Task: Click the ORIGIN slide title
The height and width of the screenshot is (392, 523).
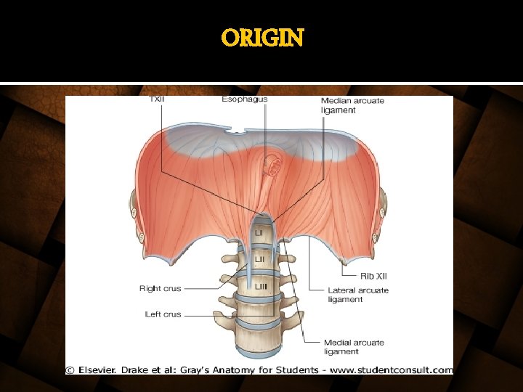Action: point(262,38)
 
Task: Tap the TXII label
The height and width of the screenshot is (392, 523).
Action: point(156,99)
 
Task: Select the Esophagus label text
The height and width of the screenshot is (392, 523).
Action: point(245,99)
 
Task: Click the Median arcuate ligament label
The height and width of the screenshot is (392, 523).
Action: point(352,105)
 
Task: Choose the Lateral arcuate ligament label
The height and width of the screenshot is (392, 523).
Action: point(357,295)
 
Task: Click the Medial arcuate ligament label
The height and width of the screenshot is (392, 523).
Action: point(353,347)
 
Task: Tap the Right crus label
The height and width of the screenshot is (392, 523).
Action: point(160,288)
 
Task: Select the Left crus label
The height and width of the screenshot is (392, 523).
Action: point(163,314)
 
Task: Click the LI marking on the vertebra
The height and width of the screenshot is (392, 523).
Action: point(259,232)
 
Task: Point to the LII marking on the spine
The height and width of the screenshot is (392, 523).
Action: point(259,259)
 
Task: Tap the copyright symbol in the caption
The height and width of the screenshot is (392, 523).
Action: point(70,370)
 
